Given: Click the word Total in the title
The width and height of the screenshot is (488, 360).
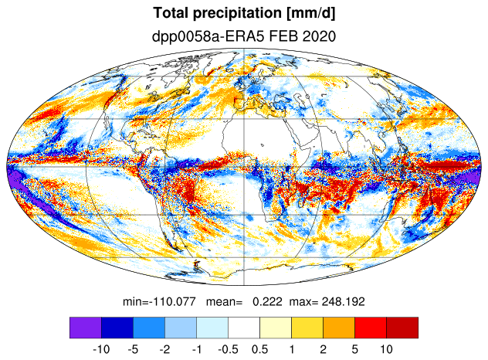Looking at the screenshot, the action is point(171,13).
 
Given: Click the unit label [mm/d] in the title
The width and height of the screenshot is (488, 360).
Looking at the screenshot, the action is point(311,14).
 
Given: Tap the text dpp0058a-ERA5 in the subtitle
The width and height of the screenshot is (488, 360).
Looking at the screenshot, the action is point(208,36).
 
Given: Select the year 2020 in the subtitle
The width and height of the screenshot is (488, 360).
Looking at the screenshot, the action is point(319,36).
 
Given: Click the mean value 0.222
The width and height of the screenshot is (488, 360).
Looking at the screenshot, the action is point(267,301).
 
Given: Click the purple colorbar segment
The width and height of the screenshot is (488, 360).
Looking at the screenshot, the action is point(86,328).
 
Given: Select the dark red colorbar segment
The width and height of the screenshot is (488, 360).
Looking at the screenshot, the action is point(402,328).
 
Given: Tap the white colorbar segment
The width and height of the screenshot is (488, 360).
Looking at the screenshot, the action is point(244,328).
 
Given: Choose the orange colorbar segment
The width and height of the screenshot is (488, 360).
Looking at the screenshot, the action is point(339,328).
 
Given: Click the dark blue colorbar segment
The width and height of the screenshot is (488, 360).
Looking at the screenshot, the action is point(117,328).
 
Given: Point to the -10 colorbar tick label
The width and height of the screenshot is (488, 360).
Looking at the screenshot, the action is point(101,349).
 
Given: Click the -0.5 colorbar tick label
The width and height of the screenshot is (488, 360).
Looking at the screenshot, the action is point(228,349).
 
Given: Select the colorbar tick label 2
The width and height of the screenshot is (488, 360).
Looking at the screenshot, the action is point(323,349).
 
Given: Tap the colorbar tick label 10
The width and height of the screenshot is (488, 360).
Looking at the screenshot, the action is point(386,349).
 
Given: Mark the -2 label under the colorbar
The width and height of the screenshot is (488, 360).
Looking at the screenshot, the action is point(164,349).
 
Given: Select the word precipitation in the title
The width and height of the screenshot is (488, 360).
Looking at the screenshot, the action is point(237,14).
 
